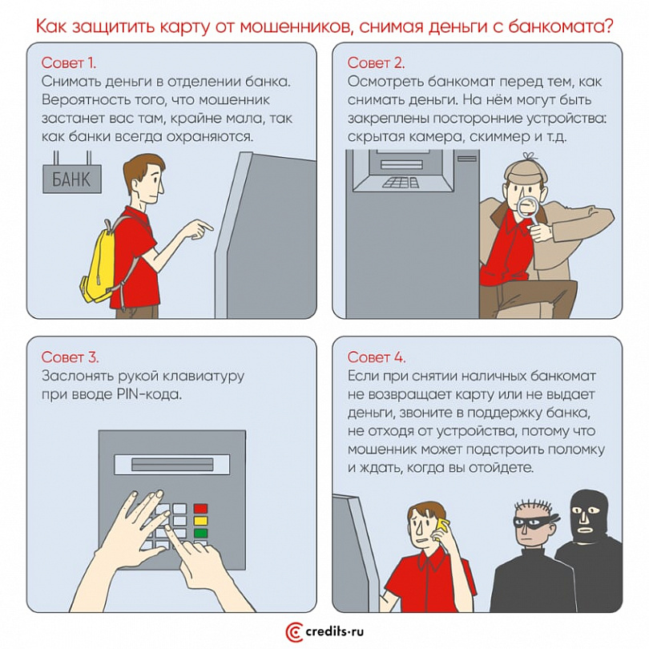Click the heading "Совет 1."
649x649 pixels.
pos(69,63)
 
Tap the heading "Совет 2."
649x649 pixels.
pos(376,63)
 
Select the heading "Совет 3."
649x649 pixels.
pos(70,357)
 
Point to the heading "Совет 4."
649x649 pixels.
pos(377,357)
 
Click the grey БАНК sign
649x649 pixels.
pos(72,179)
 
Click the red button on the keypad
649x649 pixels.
pos(201,508)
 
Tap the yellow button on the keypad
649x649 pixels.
pos(201,521)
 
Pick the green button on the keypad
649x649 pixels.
pos(201,533)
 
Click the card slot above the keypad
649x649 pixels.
pos(171,465)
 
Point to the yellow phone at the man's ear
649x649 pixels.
pos(442,528)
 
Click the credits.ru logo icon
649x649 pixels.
pos(294,632)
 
